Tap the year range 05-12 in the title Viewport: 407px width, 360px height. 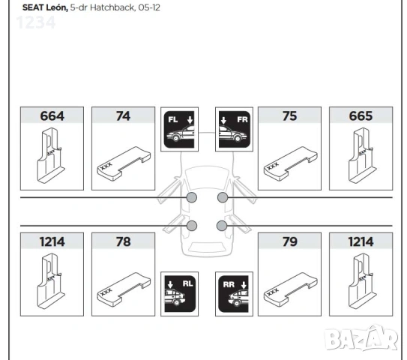click(x=149, y=7)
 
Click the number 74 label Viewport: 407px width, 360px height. click(x=123, y=116)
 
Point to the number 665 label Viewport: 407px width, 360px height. click(x=361, y=116)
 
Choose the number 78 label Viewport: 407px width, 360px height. click(x=123, y=241)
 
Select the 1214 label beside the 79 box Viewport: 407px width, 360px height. click(x=361, y=241)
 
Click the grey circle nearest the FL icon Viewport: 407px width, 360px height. click(x=192, y=197)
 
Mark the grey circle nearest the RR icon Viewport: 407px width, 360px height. click(x=221, y=225)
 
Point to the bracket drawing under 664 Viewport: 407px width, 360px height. click(x=50, y=155)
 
